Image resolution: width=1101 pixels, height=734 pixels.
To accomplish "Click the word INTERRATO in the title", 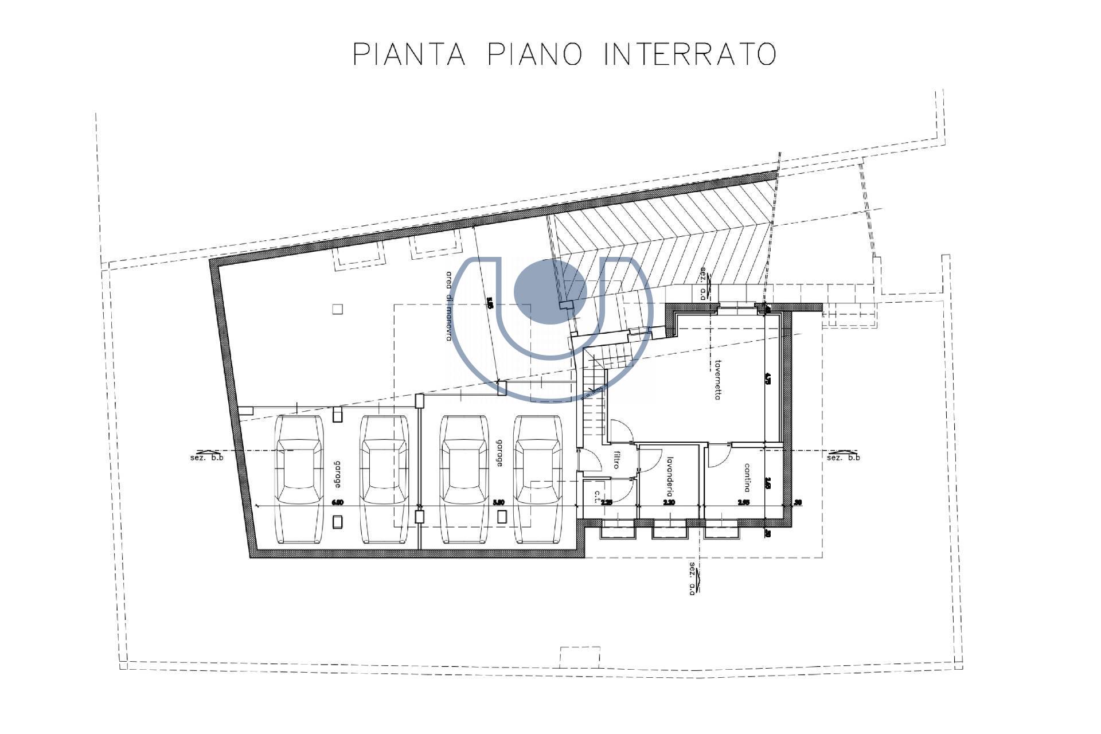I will [x=690, y=54].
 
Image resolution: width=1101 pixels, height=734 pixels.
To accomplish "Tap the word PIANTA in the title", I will [x=408, y=54].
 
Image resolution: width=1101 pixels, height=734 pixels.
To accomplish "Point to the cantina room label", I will [x=747, y=477].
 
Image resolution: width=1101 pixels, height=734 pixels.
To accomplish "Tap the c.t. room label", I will [x=597, y=497].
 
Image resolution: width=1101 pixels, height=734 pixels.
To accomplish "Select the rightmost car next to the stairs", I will [x=538, y=479].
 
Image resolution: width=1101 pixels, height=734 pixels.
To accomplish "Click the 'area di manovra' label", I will [x=451, y=306].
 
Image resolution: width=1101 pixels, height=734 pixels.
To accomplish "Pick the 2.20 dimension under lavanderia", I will [x=669, y=503].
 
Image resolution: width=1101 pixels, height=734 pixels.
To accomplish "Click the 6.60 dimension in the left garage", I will [x=338, y=503].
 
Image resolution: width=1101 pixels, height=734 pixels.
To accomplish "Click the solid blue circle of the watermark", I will [x=549, y=294].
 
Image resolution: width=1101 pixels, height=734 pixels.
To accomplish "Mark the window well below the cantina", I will [x=723, y=532].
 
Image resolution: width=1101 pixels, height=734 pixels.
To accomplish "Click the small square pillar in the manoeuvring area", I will [x=338, y=309].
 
